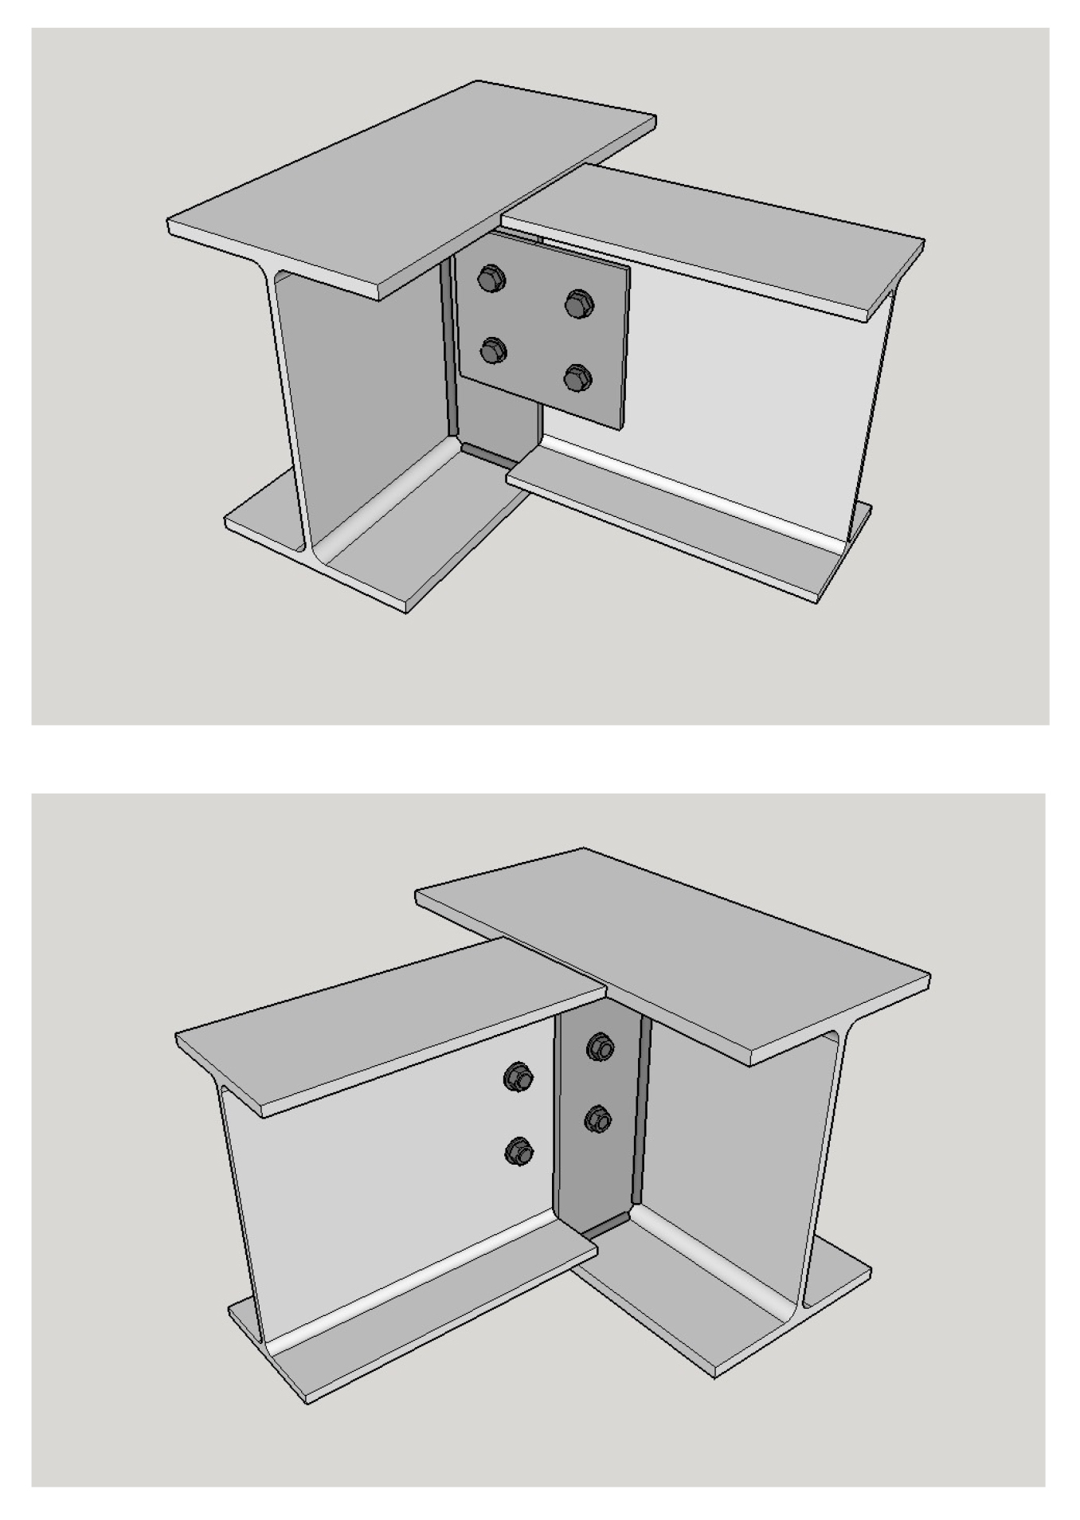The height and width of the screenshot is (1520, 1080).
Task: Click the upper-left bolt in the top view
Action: click(488, 279)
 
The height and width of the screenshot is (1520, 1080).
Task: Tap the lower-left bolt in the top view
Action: click(493, 351)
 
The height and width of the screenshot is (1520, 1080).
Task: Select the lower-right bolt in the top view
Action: click(577, 378)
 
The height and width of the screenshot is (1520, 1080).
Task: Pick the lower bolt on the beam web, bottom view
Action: click(518, 1151)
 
